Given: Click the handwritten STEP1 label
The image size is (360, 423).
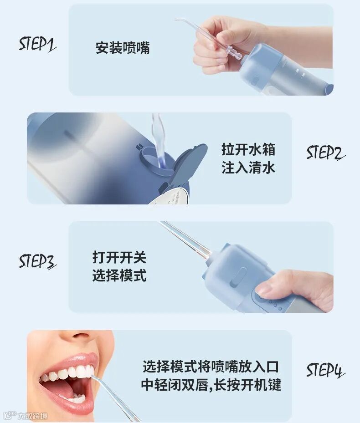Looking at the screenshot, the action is [x=37, y=44].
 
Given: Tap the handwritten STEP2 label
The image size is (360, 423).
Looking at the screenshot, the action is [x=326, y=153].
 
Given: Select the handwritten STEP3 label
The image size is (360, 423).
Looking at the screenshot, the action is [x=37, y=261].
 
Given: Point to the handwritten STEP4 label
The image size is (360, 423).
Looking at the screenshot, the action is [x=326, y=370].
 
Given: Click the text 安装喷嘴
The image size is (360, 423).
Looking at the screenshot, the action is [x=123, y=48].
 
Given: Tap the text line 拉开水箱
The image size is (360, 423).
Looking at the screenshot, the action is [x=248, y=149].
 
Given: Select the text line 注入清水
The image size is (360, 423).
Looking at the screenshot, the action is [x=248, y=168].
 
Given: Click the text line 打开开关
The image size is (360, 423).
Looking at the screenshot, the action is [x=119, y=257].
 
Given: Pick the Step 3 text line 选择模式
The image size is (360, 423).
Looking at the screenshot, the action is [x=119, y=275].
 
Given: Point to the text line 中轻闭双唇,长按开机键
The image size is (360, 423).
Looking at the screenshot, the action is [x=211, y=385].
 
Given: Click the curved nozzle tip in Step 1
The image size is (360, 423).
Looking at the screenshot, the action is [x=180, y=20].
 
